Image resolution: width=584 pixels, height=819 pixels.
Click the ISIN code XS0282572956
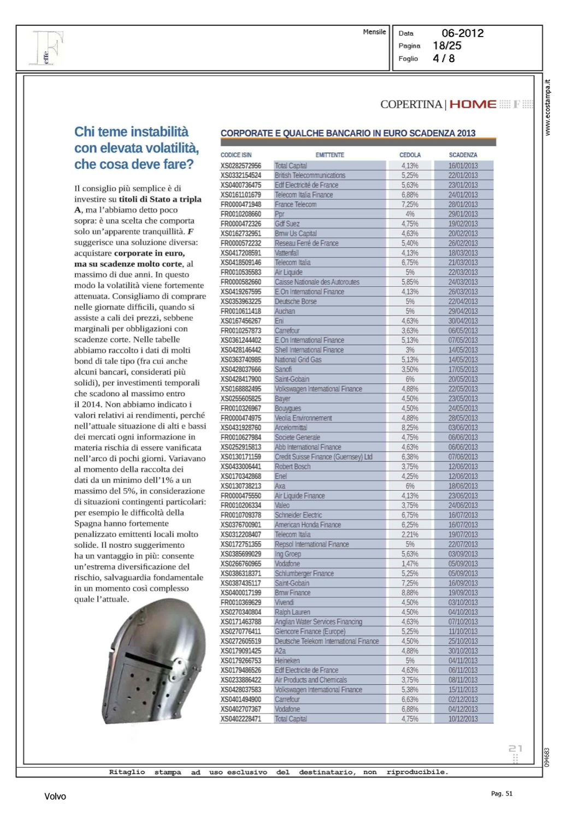[241, 165]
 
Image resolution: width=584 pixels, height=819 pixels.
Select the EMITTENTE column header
[330, 155]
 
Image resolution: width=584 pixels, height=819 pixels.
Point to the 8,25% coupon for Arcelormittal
[410, 428]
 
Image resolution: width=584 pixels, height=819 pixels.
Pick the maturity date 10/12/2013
[463, 719]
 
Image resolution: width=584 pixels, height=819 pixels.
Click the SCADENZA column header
[463, 155]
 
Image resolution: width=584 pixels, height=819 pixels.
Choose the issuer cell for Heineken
[287, 661]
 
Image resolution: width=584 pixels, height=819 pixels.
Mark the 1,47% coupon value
[410, 563]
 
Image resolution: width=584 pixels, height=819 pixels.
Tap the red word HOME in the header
[473, 104]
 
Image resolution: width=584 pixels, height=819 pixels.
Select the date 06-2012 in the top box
[463, 33]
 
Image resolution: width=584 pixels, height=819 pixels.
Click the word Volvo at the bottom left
[55, 797]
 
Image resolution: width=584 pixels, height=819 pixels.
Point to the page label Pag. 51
[502, 794]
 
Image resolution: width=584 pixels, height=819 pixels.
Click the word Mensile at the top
[374, 32]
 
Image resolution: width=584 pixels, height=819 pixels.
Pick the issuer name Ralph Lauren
[292, 612]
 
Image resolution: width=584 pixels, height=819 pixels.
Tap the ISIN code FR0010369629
[241, 602]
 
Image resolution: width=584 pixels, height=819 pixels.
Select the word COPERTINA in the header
[411, 104]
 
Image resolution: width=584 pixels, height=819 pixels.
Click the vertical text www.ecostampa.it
[548, 108]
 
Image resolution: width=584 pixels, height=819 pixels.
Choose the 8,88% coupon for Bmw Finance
[410, 592]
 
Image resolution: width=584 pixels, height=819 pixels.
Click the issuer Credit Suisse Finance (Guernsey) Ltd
[323, 457]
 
